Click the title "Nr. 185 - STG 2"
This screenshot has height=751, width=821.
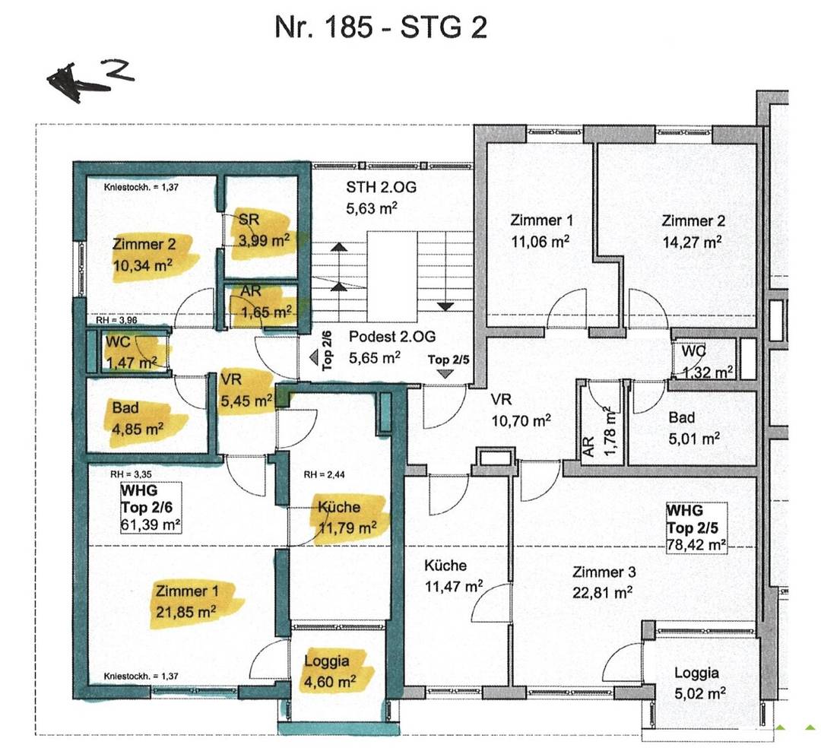(381, 27)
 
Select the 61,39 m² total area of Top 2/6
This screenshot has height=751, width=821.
(151, 524)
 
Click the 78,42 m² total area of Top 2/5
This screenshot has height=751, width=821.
(696, 545)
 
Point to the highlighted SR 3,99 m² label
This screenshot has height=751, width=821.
(264, 230)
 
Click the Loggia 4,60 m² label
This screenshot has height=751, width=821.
(330, 671)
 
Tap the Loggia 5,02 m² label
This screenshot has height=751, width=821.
(699, 683)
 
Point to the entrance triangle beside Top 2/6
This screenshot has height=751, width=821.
(314, 358)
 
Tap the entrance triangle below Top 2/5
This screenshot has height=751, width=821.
(445, 374)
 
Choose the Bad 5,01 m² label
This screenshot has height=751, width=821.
(694, 428)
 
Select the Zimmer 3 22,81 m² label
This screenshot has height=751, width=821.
(603, 582)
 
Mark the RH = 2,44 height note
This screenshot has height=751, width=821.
(324, 475)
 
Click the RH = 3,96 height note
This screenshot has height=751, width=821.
(116, 320)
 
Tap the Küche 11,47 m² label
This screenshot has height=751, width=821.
(453, 576)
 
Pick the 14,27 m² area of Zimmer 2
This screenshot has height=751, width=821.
(693, 242)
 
